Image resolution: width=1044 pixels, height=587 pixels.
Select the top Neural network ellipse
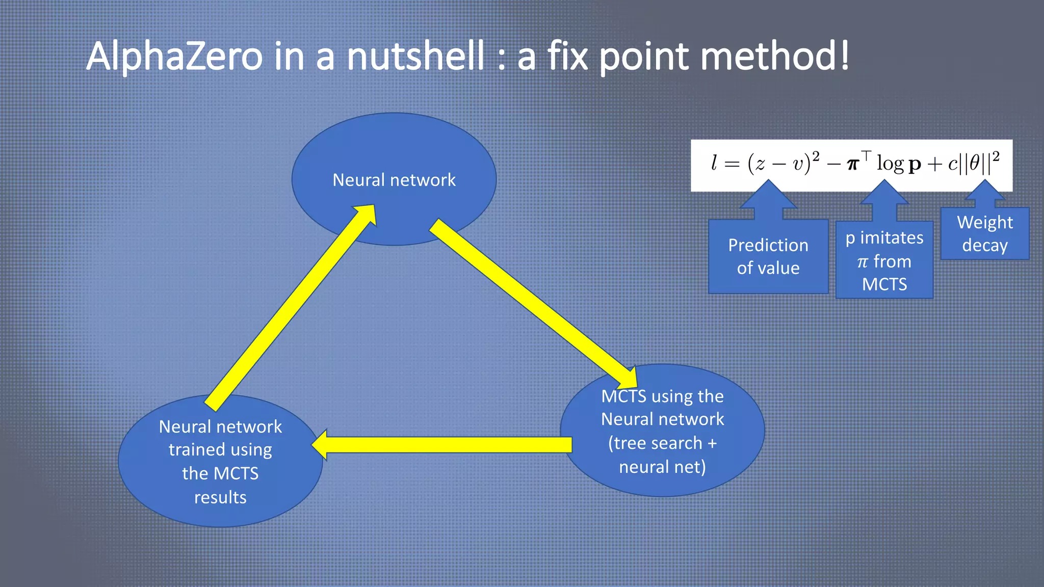tap(394, 153)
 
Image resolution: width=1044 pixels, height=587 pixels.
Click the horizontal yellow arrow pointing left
tap(443, 445)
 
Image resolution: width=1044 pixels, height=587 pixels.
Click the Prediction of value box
tap(768, 257)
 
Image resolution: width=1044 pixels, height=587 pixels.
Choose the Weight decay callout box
tap(984, 234)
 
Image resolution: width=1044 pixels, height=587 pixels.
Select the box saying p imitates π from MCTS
tap(884, 260)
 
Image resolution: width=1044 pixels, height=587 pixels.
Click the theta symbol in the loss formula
tap(974, 163)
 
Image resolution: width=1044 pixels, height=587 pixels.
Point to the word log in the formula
tap(890, 164)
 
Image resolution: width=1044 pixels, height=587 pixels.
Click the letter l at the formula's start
tap(714, 163)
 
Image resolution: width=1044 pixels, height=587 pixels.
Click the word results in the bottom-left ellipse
tap(220, 497)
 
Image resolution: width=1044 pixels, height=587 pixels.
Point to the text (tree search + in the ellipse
tap(662, 443)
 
